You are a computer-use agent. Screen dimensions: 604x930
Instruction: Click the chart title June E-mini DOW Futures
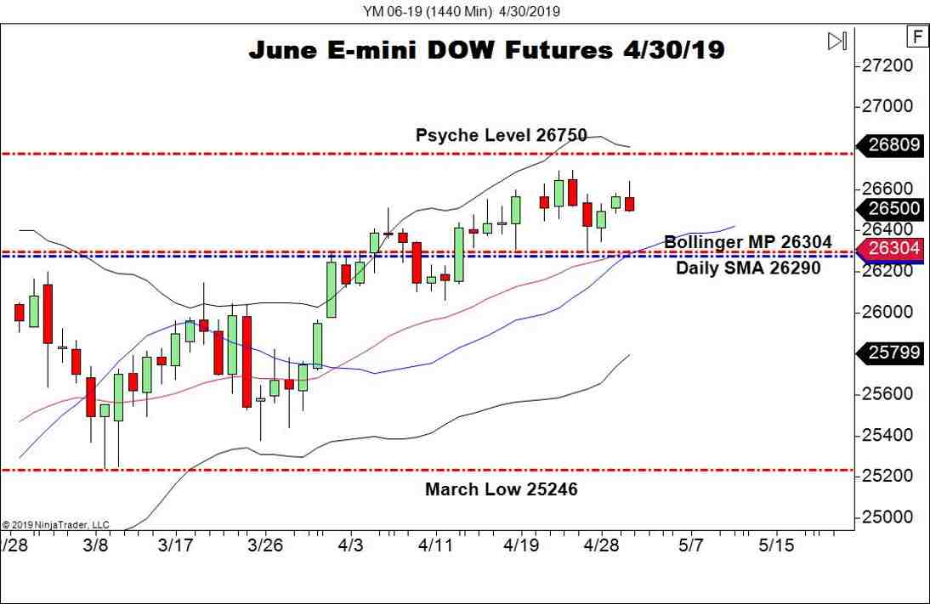pos(486,50)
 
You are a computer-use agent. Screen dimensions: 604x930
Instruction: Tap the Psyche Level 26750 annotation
pos(501,134)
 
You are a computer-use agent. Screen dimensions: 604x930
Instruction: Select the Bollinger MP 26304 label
pos(748,241)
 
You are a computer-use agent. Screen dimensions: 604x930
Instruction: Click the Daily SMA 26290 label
pos(748,268)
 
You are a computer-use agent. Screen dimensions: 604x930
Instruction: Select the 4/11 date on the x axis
pos(435,545)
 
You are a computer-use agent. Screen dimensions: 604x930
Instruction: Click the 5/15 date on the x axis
pos(775,545)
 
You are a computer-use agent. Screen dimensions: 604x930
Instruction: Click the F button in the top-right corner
pos(917,37)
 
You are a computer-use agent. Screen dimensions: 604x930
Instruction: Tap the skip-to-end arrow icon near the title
pos(837,41)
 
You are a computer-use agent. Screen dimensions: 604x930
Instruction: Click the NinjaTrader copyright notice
pos(55,525)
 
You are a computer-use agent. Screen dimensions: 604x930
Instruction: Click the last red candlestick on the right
pos(630,203)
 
